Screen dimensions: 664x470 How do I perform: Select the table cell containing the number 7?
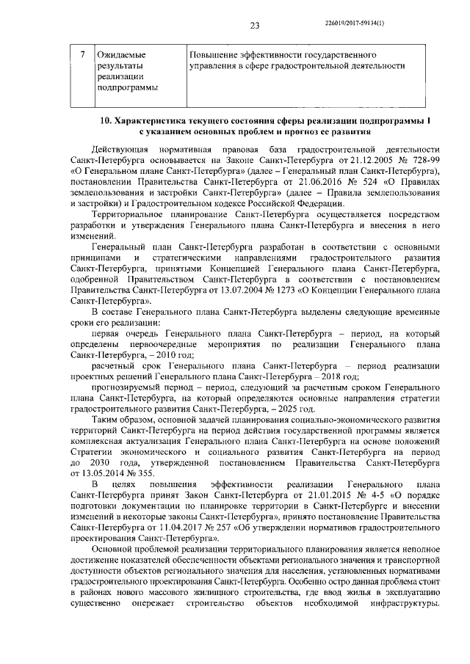[x=83, y=55]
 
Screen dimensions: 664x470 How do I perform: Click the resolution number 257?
[x=221, y=528]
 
